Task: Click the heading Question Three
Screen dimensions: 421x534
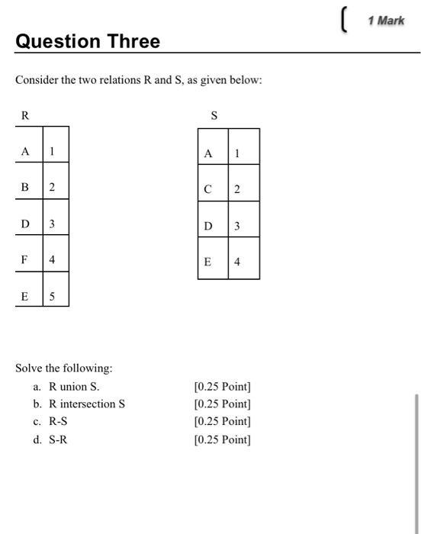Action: (88, 41)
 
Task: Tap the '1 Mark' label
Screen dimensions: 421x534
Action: (385, 21)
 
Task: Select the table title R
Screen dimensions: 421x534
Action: (25, 116)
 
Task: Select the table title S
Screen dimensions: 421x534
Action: (214, 116)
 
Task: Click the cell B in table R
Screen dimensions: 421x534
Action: (25, 188)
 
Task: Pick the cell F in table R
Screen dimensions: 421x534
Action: (25, 260)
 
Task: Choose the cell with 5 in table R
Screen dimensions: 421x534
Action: (52, 297)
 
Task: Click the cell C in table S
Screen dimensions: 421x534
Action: (208, 190)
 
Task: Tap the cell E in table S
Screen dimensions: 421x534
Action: (208, 262)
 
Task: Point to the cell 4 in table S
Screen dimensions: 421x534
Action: (237, 262)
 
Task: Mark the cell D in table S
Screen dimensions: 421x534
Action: (208, 226)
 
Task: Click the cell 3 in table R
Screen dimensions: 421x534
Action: (52, 224)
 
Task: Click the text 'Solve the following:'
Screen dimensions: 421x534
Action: (64, 368)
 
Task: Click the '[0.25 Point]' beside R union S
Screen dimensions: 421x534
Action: (223, 386)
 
